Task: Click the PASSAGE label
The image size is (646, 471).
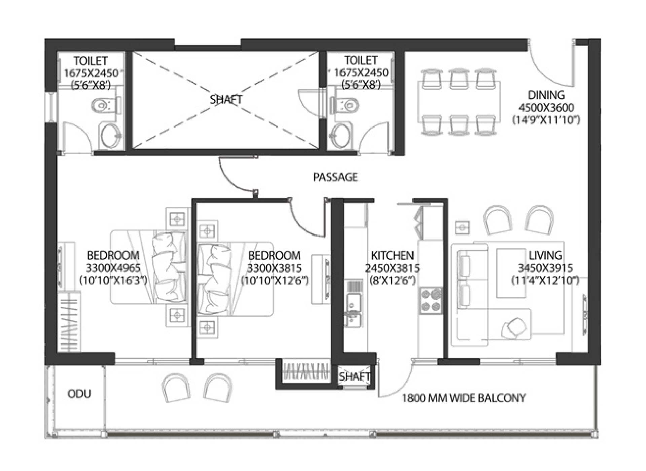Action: pyautogui.click(x=335, y=177)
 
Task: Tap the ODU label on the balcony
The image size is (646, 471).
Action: pyautogui.click(x=79, y=394)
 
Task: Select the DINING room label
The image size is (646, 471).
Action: pyautogui.click(x=546, y=95)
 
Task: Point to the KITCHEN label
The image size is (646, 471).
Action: pyautogui.click(x=392, y=255)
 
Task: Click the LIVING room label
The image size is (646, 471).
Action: pyautogui.click(x=545, y=255)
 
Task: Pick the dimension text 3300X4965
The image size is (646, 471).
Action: pyautogui.click(x=113, y=268)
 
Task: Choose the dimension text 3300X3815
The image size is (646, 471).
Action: pyautogui.click(x=275, y=268)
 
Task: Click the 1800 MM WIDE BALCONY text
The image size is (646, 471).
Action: pyautogui.click(x=464, y=398)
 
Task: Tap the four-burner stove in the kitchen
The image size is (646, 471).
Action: pyautogui.click(x=430, y=300)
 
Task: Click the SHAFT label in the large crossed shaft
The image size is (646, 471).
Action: pyautogui.click(x=226, y=100)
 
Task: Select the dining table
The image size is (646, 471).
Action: pyautogui.click(x=459, y=102)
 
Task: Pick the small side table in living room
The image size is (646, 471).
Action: pyautogui.click(x=462, y=228)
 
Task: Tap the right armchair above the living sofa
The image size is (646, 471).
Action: pyautogui.click(x=540, y=220)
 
